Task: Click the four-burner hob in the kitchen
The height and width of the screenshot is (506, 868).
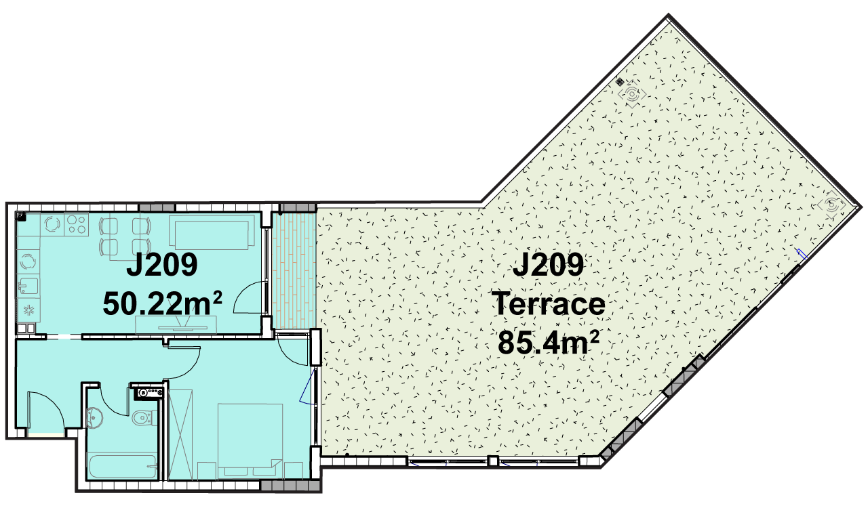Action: tap(77, 224)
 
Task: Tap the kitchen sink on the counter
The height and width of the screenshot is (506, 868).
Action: tap(28, 287)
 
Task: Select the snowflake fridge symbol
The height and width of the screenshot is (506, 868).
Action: tap(28, 310)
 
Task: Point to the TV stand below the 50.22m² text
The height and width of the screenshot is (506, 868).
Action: tap(176, 324)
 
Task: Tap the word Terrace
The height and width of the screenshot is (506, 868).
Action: tap(549, 304)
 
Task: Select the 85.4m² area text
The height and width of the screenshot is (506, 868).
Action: tap(549, 343)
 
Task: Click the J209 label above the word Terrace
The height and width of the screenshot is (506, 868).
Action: tap(549, 265)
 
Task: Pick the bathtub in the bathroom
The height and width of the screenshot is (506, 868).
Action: tap(123, 467)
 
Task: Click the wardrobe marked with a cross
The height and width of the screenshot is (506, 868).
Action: tap(180, 435)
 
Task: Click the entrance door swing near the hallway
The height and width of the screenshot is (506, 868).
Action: tap(45, 410)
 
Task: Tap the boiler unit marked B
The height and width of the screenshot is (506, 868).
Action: tap(149, 393)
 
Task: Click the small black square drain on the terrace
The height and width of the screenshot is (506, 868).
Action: tap(620, 82)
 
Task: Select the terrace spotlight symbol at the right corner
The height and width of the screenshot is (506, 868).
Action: tap(831, 205)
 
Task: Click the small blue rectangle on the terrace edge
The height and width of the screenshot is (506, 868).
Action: tap(802, 254)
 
